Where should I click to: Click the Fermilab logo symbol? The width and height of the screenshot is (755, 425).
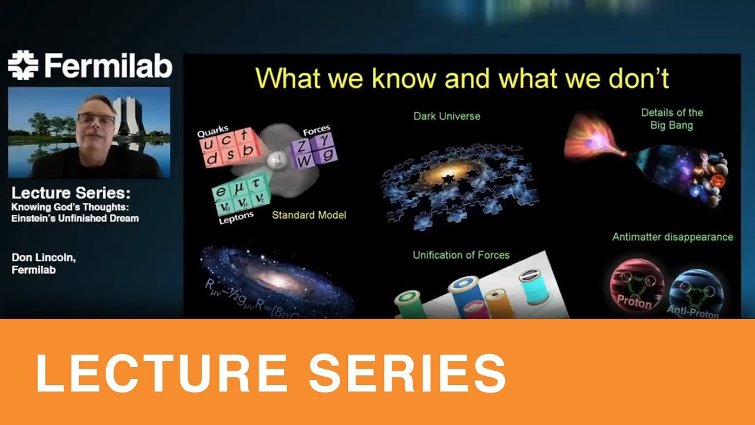tap(22, 65)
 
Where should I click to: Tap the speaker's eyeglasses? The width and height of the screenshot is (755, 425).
tap(96, 119)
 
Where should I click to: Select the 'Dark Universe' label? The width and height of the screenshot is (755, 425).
tap(447, 116)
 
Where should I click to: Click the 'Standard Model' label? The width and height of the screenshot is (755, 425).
tap(308, 215)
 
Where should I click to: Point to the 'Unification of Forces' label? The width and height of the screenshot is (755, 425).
tap(461, 255)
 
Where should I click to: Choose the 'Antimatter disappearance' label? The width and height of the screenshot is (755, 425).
tap(672, 237)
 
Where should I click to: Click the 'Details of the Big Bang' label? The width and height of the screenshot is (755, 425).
tap(672, 119)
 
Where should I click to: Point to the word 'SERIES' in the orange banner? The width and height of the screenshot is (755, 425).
tap(407, 373)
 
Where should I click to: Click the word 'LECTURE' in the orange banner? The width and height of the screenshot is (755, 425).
tap(162, 373)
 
